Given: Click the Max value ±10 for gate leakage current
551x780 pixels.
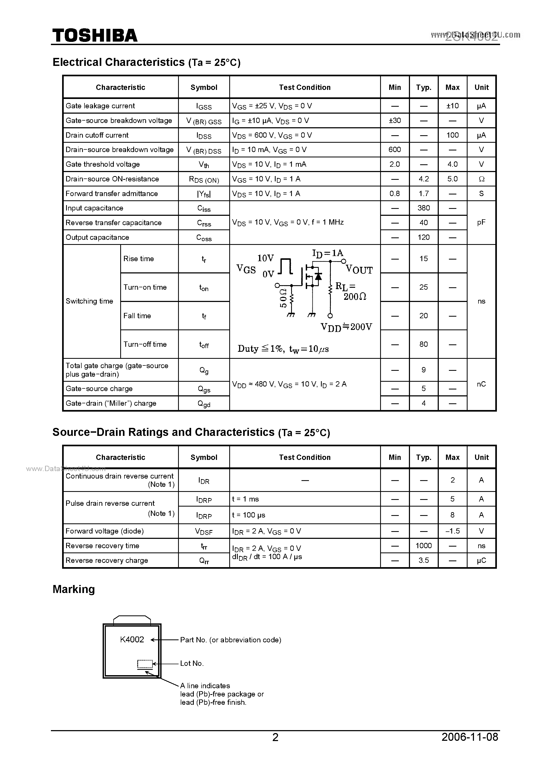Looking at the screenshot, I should click(x=452, y=106).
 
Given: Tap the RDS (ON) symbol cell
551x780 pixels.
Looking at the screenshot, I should click(x=204, y=179).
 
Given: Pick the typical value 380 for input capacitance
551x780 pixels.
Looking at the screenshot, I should click(x=423, y=208).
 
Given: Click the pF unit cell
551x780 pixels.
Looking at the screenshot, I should click(x=481, y=222).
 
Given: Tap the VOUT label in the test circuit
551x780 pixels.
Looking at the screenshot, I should click(x=359, y=270).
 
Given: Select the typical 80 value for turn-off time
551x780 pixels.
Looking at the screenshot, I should click(x=423, y=344).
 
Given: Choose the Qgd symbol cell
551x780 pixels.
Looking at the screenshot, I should click(x=204, y=404).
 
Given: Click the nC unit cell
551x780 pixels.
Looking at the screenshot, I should click(x=481, y=384).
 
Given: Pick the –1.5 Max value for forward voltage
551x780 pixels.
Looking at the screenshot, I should click(x=452, y=531).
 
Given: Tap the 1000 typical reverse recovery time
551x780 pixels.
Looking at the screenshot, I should click(x=423, y=546).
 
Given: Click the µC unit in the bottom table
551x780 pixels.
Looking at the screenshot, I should click(x=481, y=560).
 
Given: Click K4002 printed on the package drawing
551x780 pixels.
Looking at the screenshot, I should click(x=132, y=640).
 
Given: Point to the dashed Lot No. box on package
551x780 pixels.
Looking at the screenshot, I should click(x=145, y=663).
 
